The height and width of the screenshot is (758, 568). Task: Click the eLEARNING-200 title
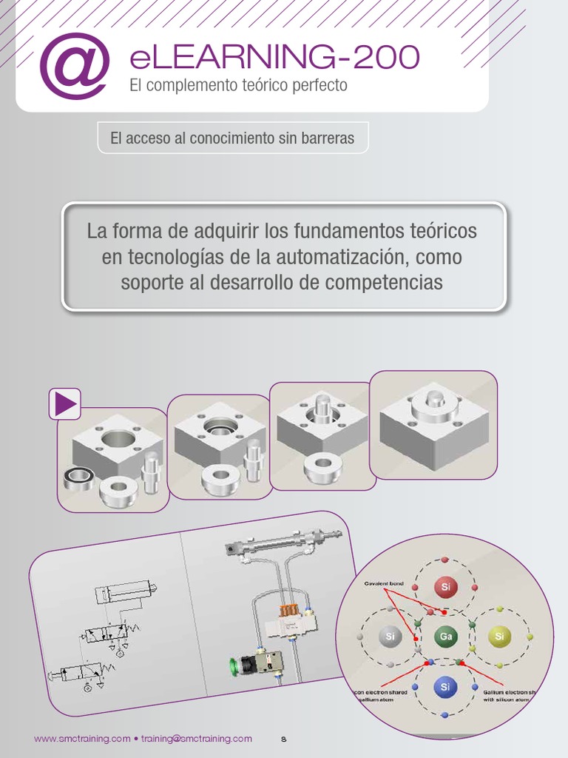[x=274, y=58]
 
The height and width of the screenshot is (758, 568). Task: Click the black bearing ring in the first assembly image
[x=77, y=478]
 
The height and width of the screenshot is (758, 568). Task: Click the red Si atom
[x=445, y=588]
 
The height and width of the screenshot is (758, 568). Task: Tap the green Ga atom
[x=445, y=636]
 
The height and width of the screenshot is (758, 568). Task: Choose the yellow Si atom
[x=499, y=636]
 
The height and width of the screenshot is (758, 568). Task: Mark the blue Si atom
[x=445, y=687]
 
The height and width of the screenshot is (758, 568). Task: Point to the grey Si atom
[x=390, y=636]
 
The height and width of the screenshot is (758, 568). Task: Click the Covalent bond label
[x=382, y=583]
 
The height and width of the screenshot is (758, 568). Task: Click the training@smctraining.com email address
[x=196, y=739]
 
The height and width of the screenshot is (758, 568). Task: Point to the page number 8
[x=283, y=739]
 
